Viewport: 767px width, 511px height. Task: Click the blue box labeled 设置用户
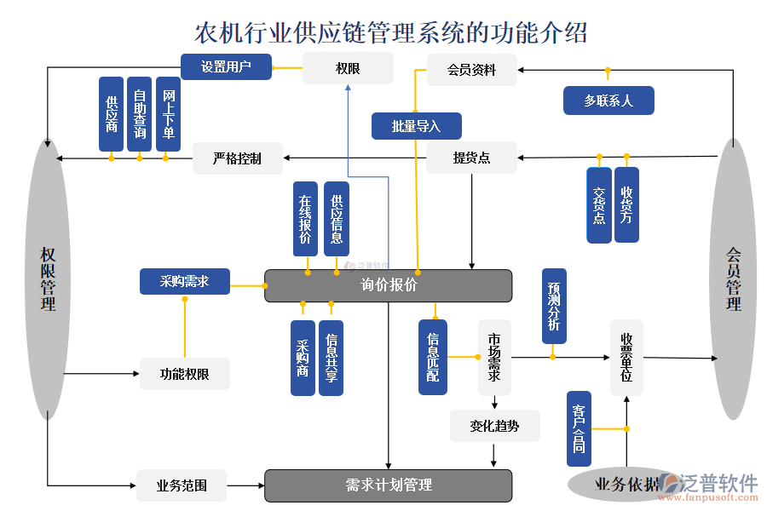coord(226,67)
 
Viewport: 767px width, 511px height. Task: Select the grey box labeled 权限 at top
coord(348,68)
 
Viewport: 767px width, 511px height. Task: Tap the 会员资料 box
coord(471,70)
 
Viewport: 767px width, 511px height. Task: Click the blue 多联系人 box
coord(608,100)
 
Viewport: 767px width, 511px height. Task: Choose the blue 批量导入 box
coord(416,126)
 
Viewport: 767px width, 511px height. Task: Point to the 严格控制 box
coord(237,158)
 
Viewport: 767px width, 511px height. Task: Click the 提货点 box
coord(471,158)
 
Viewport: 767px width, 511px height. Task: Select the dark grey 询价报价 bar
coord(388,285)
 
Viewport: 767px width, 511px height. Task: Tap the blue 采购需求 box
coord(184,282)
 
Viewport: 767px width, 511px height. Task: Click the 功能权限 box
coord(184,374)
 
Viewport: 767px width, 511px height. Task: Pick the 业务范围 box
coord(181,485)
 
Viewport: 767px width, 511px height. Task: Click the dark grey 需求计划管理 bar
coord(388,485)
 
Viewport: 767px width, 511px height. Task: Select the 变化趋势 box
coord(494,425)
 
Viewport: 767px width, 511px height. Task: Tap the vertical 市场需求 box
coord(494,358)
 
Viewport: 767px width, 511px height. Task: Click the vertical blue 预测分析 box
coord(554,306)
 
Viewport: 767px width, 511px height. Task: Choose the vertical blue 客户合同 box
coord(579,428)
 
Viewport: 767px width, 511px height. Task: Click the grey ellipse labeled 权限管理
coord(48,278)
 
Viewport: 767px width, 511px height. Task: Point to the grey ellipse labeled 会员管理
coord(734,278)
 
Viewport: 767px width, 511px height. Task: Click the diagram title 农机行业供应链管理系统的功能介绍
coord(391,32)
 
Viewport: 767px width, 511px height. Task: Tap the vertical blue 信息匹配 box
coord(432,357)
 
